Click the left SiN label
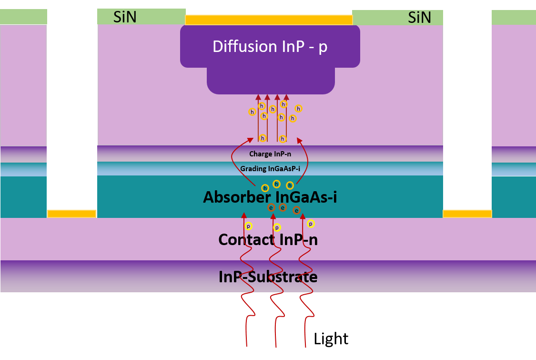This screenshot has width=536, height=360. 125,17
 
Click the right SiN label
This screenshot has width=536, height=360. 419,18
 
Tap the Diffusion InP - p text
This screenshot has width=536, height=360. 270,46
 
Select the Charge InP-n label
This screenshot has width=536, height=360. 270,154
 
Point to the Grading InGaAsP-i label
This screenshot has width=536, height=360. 270,169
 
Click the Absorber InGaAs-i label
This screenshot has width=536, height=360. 270,197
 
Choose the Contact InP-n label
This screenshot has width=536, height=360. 268,239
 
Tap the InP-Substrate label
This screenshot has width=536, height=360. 268,277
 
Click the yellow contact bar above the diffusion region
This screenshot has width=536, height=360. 268,20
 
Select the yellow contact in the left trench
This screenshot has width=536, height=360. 72,214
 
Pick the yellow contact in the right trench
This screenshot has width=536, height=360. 467,214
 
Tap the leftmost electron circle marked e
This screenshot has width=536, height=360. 271,207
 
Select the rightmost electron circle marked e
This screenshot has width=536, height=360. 296,210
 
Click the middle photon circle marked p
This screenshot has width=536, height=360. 277,227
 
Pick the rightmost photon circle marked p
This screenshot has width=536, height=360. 310,223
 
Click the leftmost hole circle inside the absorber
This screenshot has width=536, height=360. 265,188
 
